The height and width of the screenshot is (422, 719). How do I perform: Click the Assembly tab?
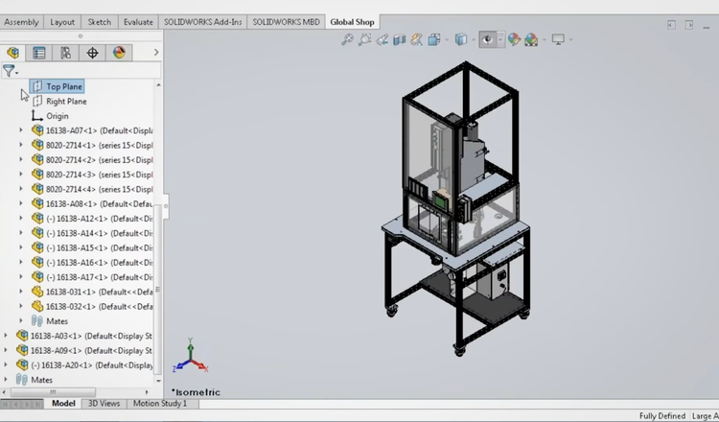pyautogui.click(x=22, y=22)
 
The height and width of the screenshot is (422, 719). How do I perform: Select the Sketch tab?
pyautogui.click(x=99, y=22)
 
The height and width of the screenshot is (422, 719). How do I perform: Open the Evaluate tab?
pyautogui.click(x=138, y=22)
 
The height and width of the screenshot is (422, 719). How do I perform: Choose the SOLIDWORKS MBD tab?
pyautogui.click(x=287, y=22)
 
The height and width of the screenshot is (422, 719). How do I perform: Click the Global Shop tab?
pyautogui.click(x=353, y=22)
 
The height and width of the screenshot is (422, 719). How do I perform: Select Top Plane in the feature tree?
pyautogui.click(x=64, y=86)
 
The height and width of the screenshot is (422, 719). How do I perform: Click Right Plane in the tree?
pyautogui.click(x=66, y=102)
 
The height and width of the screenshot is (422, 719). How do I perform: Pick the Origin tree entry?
pyautogui.click(x=57, y=116)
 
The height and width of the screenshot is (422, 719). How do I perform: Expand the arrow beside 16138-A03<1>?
pyautogui.click(x=6, y=336)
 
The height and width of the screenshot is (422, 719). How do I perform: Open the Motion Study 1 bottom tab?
pyautogui.click(x=160, y=404)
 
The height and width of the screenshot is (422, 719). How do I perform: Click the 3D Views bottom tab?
pyautogui.click(x=104, y=404)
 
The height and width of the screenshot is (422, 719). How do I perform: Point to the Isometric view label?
pyautogui.click(x=197, y=392)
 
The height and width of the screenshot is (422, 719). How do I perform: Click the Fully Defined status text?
pyautogui.click(x=662, y=416)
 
